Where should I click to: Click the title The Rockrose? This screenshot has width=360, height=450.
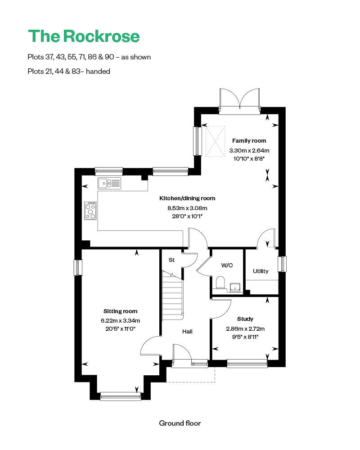tap(84, 36)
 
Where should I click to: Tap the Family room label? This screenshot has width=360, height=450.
tap(249, 141)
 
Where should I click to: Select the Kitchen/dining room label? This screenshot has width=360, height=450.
tap(187, 198)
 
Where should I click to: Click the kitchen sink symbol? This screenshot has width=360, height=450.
tap(109, 183)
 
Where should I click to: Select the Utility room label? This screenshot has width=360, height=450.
tap(261, 271)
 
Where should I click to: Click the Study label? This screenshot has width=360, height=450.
tap(245, 319)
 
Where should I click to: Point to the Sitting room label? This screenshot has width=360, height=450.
tap(120, 311)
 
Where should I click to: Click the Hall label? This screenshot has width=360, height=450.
tap(187, 332)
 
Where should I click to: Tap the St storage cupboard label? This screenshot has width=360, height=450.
tap(171, 260)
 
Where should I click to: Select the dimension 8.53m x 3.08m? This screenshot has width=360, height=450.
tap(187, 208)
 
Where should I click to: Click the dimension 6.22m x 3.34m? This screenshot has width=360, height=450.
tap(120, 321)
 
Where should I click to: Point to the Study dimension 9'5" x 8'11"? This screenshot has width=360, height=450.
tap(245, 336)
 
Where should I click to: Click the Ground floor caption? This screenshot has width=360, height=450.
tap(180, 423)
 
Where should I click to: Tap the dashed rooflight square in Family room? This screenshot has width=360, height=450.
tap(215, 141)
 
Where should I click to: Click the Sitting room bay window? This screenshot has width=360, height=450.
tap(120, 396)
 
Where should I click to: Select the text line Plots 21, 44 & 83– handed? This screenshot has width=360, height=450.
tap(69, 71)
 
